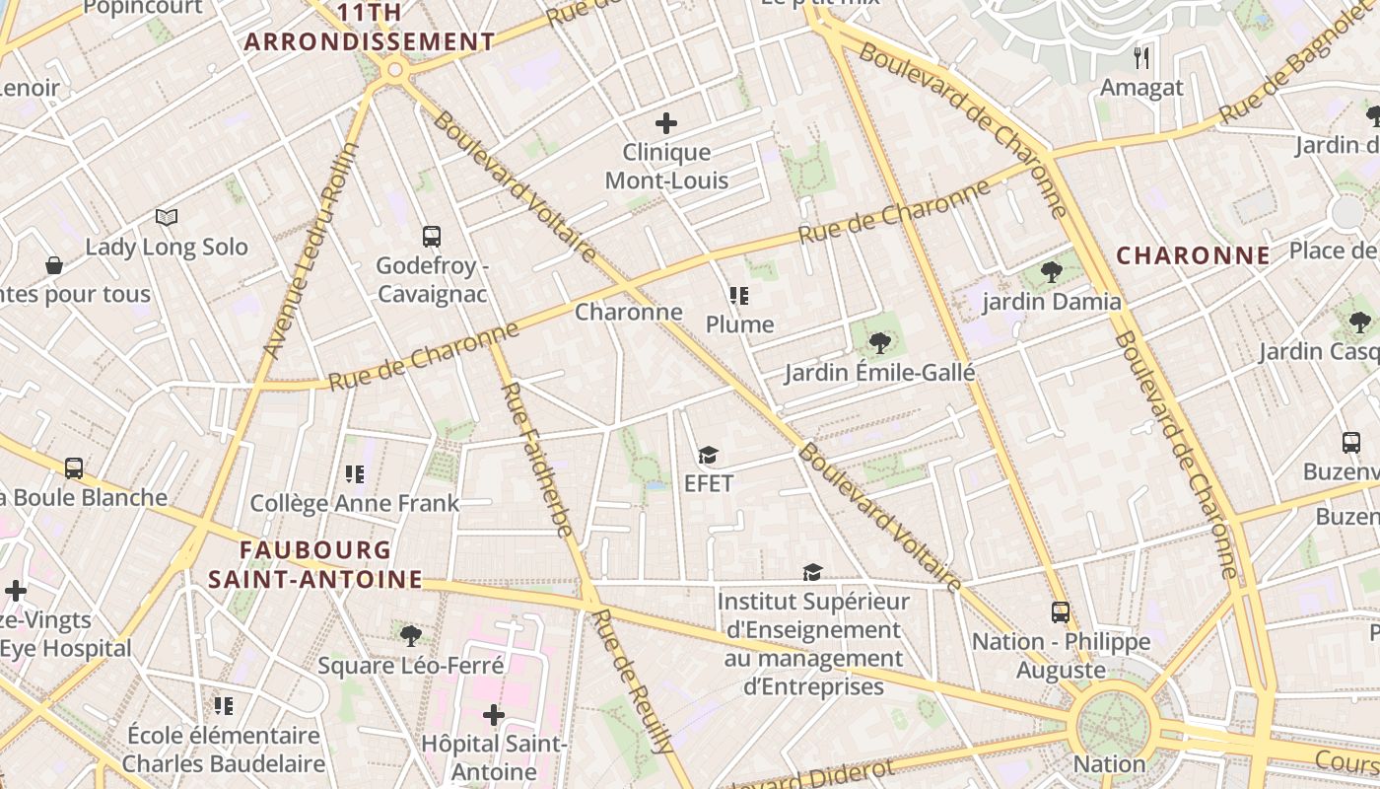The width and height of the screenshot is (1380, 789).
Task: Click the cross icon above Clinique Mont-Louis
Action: tap(666, 123)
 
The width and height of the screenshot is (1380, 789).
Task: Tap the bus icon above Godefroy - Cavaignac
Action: tap(432, 237)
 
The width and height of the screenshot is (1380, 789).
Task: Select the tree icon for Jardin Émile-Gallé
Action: tap(879, 343)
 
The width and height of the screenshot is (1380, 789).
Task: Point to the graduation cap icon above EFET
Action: tap(708, 455)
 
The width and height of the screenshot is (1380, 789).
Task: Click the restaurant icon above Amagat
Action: tap(1141, 58)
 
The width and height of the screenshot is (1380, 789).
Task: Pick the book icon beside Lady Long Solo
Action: tap(167, 217)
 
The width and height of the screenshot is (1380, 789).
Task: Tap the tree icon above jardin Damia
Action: tap(1052, 272)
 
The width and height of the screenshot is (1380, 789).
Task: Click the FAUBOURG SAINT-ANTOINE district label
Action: tap(314, 564)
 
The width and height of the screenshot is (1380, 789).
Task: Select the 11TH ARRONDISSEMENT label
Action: tap(370, 28)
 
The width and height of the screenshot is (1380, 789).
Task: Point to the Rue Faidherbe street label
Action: tap(537, 460)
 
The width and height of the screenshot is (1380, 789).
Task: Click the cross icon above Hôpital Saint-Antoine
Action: tap(494, 714)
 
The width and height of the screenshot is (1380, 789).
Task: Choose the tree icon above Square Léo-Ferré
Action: tap(411, 636)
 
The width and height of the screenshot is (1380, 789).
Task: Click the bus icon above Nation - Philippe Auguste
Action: tap(1060, 612)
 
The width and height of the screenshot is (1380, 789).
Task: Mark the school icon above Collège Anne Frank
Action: tap(355, 474)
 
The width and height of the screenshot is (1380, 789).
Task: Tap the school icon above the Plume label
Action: tap(739, 296)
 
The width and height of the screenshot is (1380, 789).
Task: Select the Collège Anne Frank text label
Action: tap(355, 504)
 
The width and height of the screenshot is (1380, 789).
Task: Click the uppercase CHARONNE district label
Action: tap(1193, 255)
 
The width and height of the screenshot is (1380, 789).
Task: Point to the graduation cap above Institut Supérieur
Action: tap(812, 572)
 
